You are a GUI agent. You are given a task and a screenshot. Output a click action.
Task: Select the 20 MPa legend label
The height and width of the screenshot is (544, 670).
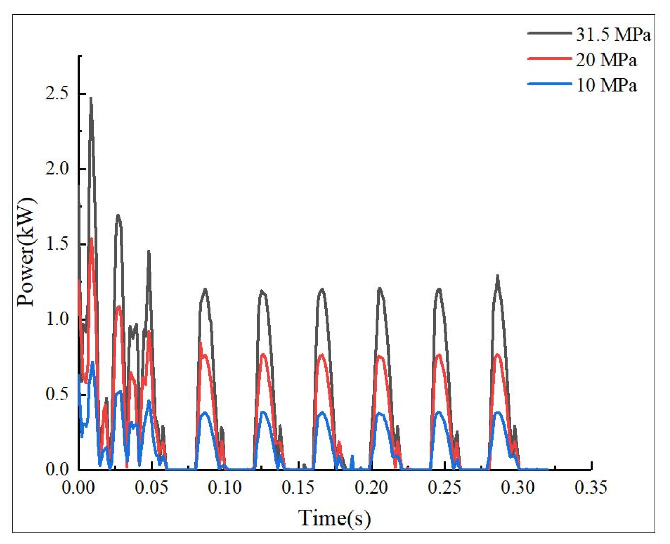[x=606, y=60]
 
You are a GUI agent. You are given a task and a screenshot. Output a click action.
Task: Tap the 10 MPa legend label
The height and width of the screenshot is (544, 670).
[x=606, y=85]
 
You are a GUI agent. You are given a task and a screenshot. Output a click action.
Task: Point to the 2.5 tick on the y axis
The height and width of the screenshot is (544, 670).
[x=57, y=94]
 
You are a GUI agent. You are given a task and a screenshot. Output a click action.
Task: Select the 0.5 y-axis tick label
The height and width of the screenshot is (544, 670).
[x=57, y=394]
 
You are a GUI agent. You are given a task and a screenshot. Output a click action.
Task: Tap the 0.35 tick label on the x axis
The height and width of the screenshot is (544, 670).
[x=590, y=488]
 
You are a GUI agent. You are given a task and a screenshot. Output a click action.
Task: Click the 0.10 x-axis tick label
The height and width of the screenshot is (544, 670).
[x=225, y=488]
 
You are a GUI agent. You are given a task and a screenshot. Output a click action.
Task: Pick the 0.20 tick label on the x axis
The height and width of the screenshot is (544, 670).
[x=371, y=488]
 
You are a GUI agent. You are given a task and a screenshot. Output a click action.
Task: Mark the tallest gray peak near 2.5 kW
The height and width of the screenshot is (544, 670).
[x=91, y=99]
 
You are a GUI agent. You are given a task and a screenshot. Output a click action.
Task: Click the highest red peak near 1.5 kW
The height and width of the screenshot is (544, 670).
[x=91, y=239]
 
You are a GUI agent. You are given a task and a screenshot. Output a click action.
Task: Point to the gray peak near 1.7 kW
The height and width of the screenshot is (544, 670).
[x=118, y=216]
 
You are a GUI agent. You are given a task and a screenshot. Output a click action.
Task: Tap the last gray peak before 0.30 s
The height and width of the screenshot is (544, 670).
[x=497, y=276]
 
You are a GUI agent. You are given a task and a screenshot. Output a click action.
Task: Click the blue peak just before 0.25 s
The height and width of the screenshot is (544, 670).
[x=439, y=412]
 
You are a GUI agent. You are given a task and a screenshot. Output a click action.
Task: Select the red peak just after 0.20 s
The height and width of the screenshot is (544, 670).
[x=380, y=356]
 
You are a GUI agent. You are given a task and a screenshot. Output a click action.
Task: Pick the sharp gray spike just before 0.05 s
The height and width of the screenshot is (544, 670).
[x=148, y=252]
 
